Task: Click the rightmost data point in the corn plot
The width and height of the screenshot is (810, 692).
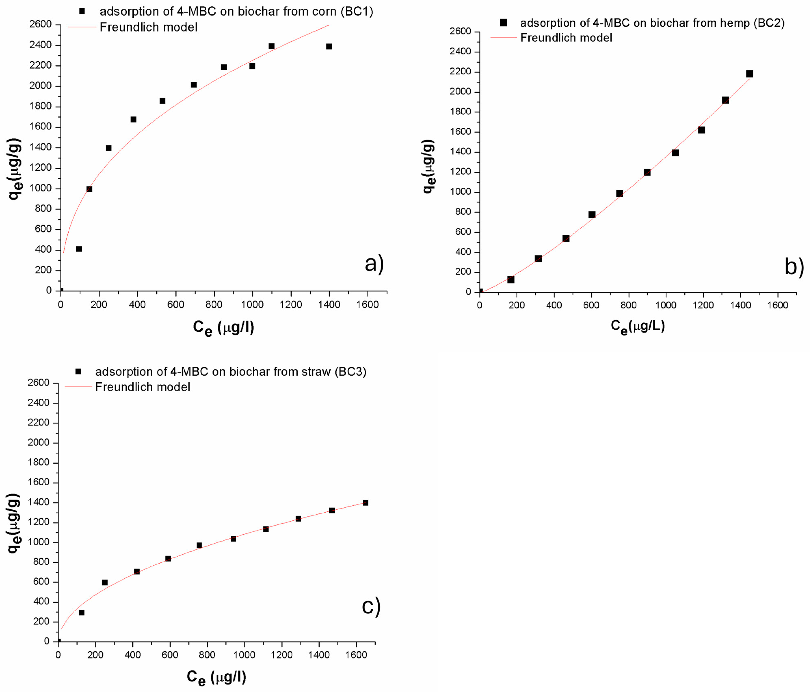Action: (329, 47)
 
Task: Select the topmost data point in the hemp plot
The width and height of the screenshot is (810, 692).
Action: (749, 74)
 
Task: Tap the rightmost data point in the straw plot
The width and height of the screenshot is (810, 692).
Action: (365, 503)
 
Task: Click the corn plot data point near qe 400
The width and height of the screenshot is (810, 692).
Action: (79, 249)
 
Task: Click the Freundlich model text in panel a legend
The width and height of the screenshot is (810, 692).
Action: (149, 27)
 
